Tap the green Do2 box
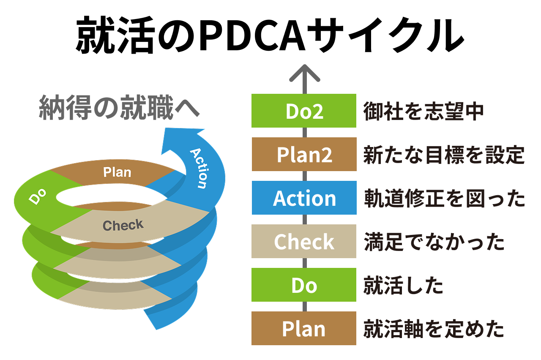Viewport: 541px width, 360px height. point(304,111)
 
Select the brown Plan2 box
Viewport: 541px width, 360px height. point(304,154)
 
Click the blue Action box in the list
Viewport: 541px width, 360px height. point(304,198)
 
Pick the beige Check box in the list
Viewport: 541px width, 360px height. point(304,241)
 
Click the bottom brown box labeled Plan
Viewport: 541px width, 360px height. point(304,328)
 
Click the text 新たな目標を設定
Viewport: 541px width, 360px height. point(444,155)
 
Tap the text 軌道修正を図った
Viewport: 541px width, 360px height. point(444,198)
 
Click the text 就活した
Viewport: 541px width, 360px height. point(403,285)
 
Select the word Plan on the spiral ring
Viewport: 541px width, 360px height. point(117,172)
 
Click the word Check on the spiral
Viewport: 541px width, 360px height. point(123,225)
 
